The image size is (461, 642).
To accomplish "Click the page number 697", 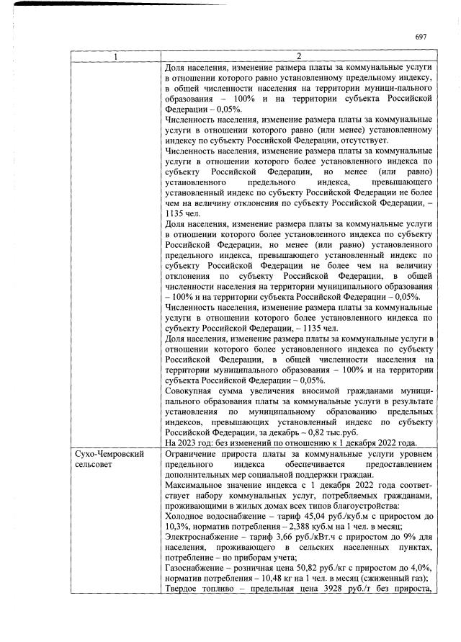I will point(421,37).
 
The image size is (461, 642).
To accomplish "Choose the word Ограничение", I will point(194,455).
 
